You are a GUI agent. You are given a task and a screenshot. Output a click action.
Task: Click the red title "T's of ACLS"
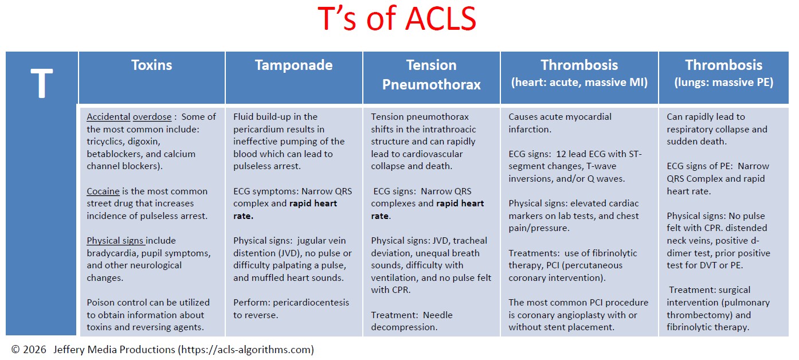pyautogui.click(x=397, y=20)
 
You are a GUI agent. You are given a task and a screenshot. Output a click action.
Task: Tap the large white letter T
pyautogui.click(x=41, y=84)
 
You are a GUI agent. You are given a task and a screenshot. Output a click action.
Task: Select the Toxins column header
pyautogui.click(x=151, y=65)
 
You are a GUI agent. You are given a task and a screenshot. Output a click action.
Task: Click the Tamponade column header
pyautogui.click(x=293, y=65)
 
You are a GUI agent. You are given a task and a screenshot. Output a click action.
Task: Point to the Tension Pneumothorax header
pyautogui.click(x=431, y=75)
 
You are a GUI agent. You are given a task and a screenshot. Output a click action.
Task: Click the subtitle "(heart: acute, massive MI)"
pyautogui.click(x=579, y=83)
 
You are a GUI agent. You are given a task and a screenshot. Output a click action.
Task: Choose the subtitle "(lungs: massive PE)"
pyautogui.click(x=723, y=83)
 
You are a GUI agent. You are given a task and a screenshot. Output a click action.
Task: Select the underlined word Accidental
pyautogui.click(x=108, y=117)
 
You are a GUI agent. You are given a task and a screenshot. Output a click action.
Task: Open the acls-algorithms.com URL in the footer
pyautogui.click(x=246, y=350)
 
